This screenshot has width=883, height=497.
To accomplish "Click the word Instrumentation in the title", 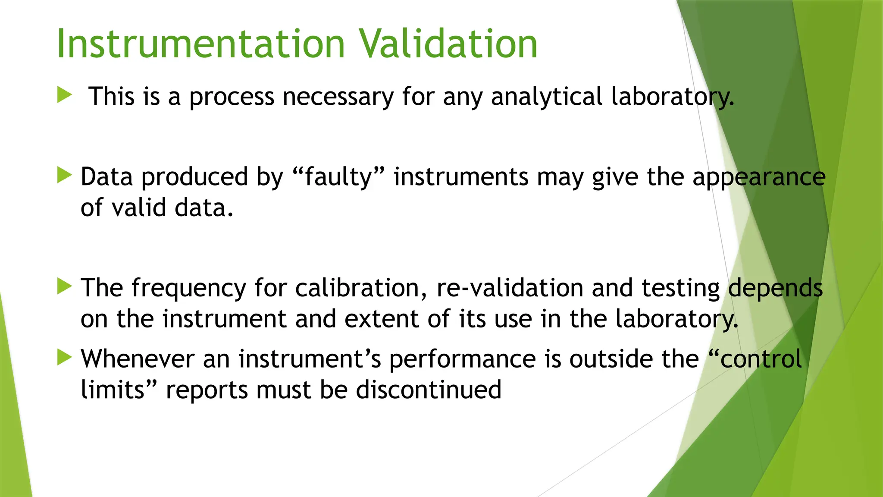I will coord(201,44).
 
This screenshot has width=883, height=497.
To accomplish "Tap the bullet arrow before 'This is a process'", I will coord(64,94).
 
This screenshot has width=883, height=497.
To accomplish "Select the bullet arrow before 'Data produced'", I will coord(64,175).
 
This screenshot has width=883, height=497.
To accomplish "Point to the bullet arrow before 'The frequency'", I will coord(64,286).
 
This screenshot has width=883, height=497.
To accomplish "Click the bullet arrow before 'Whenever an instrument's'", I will coord(64,357).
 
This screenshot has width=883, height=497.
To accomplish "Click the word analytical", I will coord(546,96).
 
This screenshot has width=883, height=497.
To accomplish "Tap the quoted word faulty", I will coord(338,177).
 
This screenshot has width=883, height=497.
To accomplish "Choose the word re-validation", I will coord(510,288).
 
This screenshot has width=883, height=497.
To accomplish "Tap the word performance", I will coord(462,359).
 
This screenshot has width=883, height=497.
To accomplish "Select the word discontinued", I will coord(429,390).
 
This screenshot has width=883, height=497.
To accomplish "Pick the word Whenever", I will coord(138,359).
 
